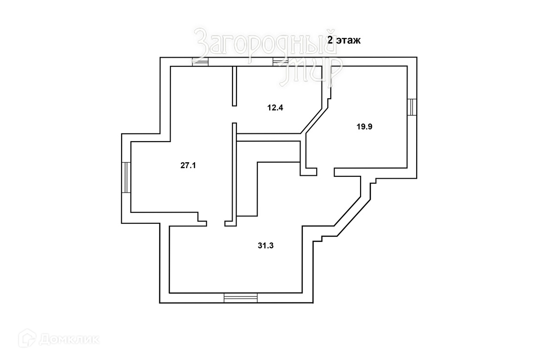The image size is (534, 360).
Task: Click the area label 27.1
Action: coord(188,165)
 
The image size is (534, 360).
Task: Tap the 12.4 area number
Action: coord(275,107)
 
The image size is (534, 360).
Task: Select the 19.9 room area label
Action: coord(364,127)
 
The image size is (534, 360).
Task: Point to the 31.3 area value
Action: coord(265,246)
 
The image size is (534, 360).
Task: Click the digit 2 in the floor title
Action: coord(331,41)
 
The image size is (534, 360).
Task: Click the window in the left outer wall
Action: coord(127,177)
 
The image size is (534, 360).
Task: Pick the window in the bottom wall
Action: coord(240,297)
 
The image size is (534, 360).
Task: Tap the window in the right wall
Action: coord(413,106)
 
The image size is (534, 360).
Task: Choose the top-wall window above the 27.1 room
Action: coord(200,62)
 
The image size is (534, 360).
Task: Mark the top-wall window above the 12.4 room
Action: coord(280,62)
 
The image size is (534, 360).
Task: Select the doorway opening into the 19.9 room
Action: coord(325,171)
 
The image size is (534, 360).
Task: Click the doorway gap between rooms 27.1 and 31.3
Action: coord(215,223)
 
